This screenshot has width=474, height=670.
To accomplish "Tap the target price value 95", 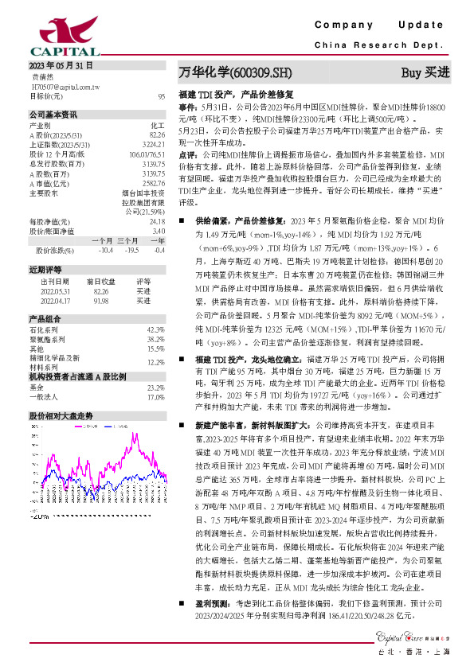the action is (x=161, y=96).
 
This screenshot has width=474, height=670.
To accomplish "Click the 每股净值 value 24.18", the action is (x=156, y=221).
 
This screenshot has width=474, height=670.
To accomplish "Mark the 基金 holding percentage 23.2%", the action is (x=155, y=387).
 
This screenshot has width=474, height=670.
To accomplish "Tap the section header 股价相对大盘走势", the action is (x=61, y=416).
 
